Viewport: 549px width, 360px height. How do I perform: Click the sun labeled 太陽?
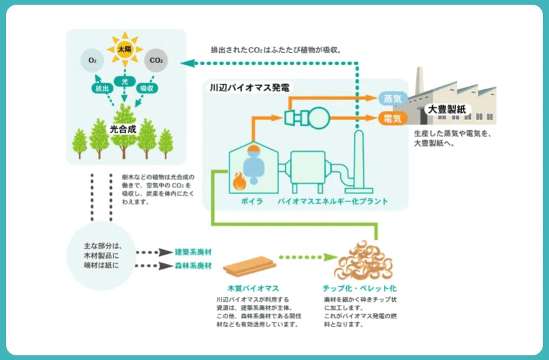(125, 50)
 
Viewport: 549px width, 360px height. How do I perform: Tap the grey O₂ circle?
(93, 60)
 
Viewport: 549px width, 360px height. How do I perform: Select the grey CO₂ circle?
(156, 60)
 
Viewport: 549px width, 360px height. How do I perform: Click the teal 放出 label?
(102, 89)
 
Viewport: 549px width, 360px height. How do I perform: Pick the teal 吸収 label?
(147, 89)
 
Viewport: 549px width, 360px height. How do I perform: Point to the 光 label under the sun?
(125, 81)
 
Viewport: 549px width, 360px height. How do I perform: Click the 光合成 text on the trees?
(123, 130)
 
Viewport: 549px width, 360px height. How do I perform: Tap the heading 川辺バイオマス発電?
(250, 87)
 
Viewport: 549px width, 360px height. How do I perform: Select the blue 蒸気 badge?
(393, 99)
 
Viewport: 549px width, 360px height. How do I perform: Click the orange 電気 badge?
(393, 118)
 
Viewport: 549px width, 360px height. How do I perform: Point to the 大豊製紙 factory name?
(447, 109)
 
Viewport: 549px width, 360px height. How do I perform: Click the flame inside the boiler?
(240, 181)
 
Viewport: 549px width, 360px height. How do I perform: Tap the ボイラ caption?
(252, 201)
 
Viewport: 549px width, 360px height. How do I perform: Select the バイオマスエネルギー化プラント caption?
(333, 201)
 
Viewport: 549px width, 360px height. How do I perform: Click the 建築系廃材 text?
(193, 252)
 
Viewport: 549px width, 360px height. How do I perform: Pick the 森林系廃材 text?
(193, 266)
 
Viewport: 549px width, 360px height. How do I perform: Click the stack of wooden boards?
(250, 266)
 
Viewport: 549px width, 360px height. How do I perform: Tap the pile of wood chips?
(364, 260)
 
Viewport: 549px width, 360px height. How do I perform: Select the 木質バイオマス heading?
(253, 289)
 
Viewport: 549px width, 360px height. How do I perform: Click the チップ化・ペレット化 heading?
(360, 289)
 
